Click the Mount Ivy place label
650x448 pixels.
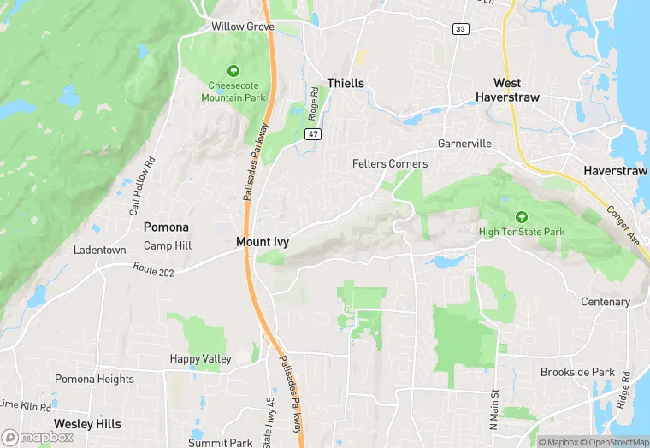263,242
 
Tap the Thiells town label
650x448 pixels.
346,83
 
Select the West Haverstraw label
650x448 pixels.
517,90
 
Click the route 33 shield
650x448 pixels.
461,28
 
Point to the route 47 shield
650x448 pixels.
314,134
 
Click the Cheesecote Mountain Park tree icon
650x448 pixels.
233,71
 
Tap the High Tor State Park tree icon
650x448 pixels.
521,216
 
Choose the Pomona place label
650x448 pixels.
166,227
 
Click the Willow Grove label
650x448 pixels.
243,27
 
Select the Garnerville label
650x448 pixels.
464,144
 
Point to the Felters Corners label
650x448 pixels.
390,163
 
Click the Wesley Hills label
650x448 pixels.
87,424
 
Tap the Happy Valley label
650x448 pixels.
200,359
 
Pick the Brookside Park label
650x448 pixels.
577,373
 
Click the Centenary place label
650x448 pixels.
605,302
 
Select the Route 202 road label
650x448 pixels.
154,268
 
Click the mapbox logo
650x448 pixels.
38,437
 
